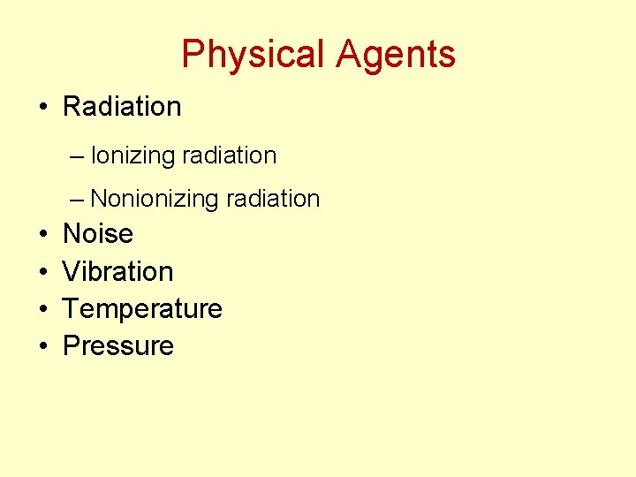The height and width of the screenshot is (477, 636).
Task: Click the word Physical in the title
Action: [253, 55]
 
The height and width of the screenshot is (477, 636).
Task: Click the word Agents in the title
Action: [396, 55]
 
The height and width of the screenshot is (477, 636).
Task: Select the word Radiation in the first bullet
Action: [122, 107]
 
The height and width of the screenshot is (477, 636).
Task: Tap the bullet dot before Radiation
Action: [42, 108]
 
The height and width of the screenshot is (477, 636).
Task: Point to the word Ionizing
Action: [133, 156]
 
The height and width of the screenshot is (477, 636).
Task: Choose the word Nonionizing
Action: [155, 200]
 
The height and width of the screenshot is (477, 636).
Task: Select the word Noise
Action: [98, 234]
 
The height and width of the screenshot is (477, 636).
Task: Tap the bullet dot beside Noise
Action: [42, 235]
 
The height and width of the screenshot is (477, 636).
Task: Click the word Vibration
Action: [118, 271]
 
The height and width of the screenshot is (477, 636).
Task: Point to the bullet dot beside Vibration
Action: [42, 272]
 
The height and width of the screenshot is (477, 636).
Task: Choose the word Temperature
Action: [142, 309]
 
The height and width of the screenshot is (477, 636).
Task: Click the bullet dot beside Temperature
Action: [42, 310]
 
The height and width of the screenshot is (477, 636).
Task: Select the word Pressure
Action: [118, 346]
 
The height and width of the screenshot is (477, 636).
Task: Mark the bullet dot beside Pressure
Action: [42, 347]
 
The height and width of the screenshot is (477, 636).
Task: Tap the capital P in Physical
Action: [192, 55]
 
